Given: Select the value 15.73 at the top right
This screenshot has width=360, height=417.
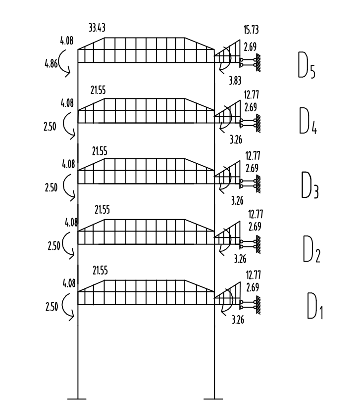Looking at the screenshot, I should point(252,31).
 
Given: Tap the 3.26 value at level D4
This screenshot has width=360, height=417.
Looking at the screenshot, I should point(237,139).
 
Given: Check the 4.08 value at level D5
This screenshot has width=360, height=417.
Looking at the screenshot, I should point(66,41).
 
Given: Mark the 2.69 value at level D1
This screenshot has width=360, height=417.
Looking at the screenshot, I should point(254,287).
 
